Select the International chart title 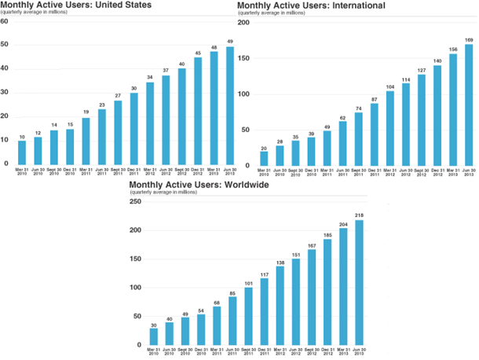coord(311,6)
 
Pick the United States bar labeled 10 coord(22,152)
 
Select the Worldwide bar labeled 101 coord(249,318)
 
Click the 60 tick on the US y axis coord(5,21)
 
